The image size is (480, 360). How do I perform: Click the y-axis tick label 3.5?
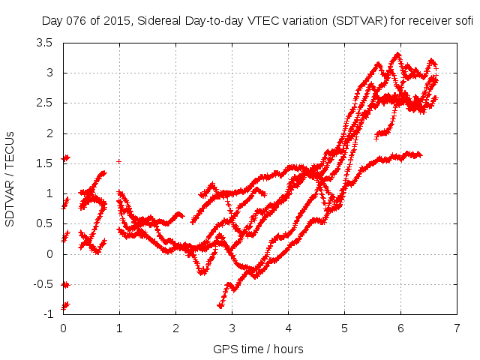coord(44,43)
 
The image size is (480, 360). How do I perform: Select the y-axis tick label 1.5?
coord(44,163)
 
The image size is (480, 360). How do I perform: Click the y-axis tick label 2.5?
coord(44,103)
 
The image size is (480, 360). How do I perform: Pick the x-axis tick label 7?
coord(457,328)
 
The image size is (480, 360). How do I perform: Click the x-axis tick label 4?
coord(288,328)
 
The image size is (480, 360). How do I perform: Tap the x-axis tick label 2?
coord(175,328)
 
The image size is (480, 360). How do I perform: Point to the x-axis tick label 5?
coord(344,328)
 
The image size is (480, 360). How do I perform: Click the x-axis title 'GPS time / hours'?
coord(259,349)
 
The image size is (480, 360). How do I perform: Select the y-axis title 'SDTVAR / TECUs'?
coord(10,178)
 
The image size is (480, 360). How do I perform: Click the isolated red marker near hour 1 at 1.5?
coord(118,161)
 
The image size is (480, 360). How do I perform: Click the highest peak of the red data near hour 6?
coord(397,55)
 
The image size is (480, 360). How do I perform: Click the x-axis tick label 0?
coord(63,328)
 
